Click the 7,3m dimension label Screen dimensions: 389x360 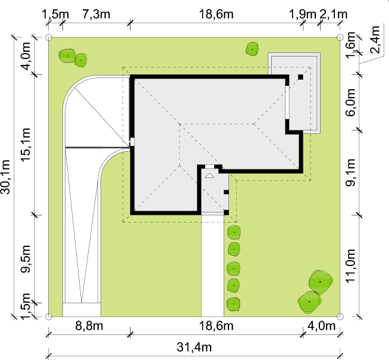(96, 14)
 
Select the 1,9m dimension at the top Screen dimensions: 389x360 (303, 14)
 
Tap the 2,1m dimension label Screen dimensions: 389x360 (334, 14)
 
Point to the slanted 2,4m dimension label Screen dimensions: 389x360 (375, 40)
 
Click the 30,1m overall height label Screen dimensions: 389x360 (5, 177)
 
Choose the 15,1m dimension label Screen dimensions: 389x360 (26, 145)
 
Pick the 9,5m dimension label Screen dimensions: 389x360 (26, 259)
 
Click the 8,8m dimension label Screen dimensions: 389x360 (89, 325)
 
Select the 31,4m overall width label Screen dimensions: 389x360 (194, 347)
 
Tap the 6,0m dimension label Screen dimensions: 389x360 (351, 102)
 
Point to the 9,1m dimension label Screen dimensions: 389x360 (351, 172)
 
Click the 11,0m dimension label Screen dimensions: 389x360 (351, 266)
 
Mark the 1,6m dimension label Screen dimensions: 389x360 (351, 45)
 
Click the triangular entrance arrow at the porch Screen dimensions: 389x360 (209, 176)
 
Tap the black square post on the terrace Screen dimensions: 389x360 (300, 77)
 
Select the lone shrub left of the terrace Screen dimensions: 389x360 (252, 49)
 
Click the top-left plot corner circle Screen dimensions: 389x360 (49, 37)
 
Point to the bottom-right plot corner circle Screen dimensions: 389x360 (340, 317)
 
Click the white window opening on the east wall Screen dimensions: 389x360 (287, 102)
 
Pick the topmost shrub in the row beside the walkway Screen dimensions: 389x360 (234, 232)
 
